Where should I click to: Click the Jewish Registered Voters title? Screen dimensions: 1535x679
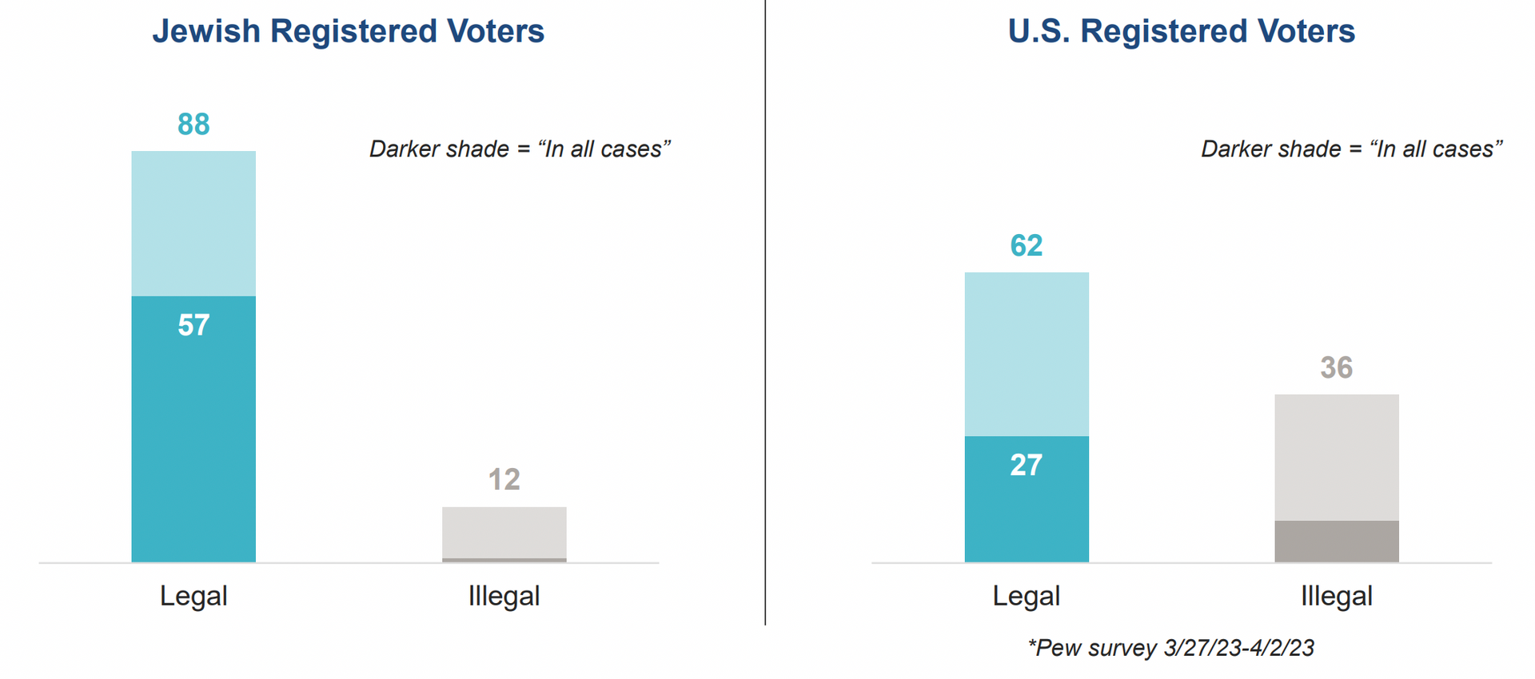(348, 31)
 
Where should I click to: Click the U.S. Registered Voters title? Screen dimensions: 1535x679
(1181, 31)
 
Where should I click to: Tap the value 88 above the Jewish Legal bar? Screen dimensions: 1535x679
(193, 125)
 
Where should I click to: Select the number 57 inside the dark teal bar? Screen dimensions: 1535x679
(193, 325)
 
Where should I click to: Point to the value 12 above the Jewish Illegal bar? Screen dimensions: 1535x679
(504, 479)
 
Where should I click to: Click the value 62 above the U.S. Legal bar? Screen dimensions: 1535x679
(1027, 245)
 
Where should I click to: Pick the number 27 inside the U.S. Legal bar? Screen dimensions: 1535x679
(1027, 465)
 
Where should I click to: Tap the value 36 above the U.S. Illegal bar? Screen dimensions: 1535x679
(1337, 367)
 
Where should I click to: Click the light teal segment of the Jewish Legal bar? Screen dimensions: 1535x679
(193, 224)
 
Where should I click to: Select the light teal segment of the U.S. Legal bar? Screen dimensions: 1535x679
(1027, 354)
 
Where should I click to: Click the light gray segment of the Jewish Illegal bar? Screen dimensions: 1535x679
(504, 532)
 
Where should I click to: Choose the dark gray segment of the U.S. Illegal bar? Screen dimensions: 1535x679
(1337, 541)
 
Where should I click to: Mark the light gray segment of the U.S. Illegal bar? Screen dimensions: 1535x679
(1337, 458)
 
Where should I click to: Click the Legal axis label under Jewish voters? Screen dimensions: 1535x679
(193, 596)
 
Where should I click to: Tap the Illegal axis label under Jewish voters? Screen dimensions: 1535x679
(504, 596)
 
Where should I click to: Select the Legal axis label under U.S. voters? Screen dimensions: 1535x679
(1027, 596)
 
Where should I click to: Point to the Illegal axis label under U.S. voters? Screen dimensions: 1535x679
(1337, 596)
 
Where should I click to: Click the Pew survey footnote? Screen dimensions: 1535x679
(1171, 648)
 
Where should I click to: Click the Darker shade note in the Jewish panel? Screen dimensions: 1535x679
(520, 149)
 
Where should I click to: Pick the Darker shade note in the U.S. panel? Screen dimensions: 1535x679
(1352, 149)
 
